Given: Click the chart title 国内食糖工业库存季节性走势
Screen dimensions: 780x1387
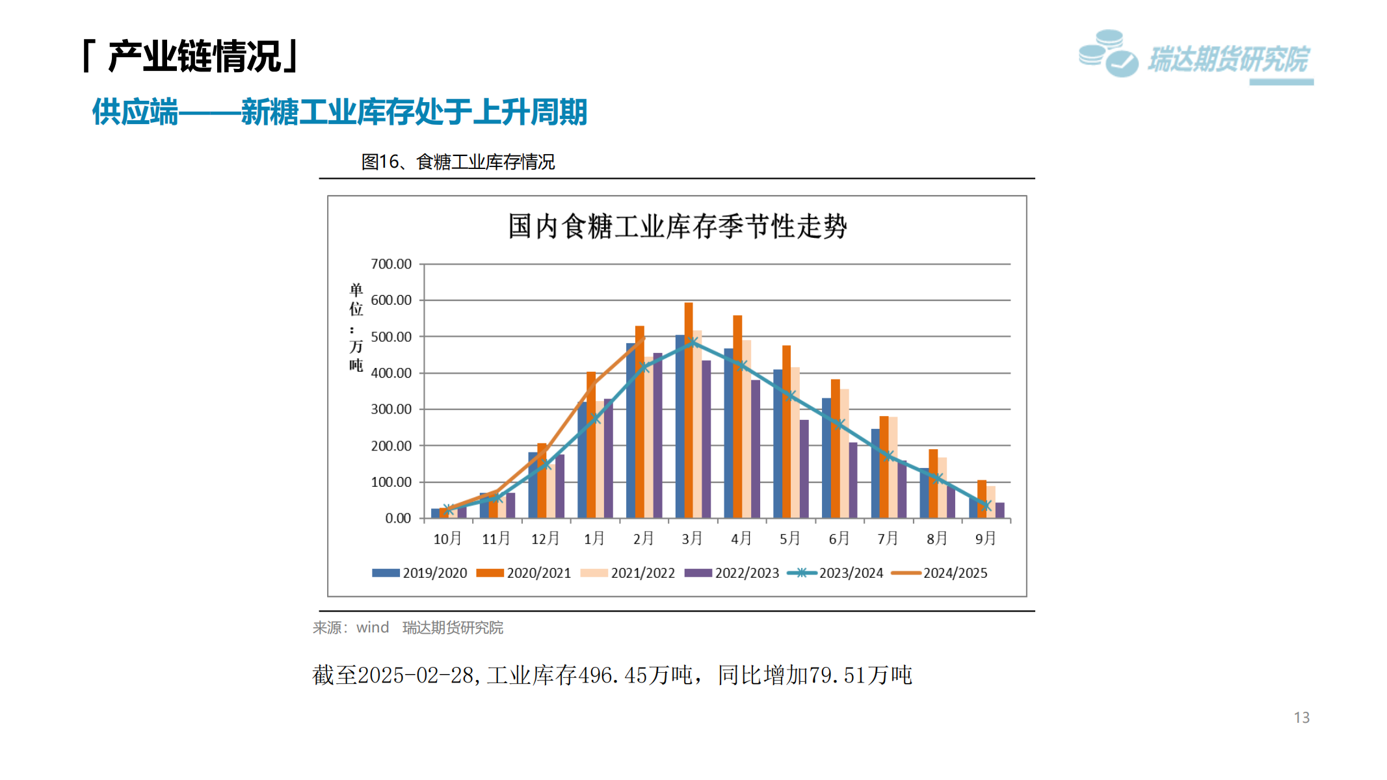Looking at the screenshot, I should (677, 227).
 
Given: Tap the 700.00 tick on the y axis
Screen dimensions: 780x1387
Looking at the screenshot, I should (391, 264).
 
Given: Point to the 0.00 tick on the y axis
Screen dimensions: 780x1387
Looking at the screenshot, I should (397, 518).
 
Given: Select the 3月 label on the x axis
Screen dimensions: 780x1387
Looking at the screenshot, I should (692, 538).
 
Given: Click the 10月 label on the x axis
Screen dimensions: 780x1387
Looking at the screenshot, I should (447, 538).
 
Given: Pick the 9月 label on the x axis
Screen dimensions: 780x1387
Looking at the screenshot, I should (985, 538).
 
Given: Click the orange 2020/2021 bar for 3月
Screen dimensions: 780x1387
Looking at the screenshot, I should (689, 409).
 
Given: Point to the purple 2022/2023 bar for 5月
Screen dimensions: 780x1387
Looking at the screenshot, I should (804, 469).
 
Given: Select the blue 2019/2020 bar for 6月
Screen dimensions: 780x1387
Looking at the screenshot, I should (826, 458).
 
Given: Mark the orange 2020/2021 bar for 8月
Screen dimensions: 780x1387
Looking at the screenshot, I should (933, 484).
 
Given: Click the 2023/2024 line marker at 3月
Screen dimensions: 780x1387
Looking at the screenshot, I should (693, 342).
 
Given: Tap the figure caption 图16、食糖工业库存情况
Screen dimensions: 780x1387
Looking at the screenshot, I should (458, 162).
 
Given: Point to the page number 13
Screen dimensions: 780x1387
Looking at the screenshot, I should (1301, 718).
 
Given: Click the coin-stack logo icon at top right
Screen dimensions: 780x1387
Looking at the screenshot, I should (1108, 53).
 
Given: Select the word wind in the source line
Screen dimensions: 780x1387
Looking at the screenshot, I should (373, 627).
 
